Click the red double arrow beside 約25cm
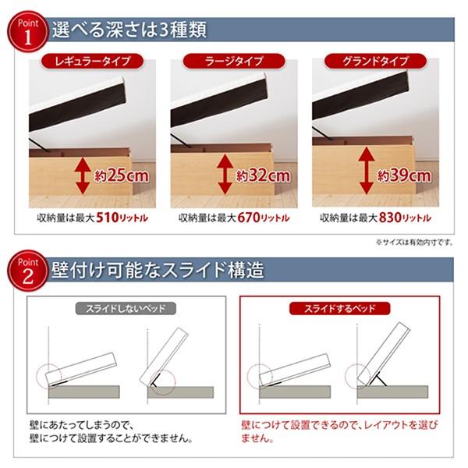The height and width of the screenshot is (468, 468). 80,174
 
